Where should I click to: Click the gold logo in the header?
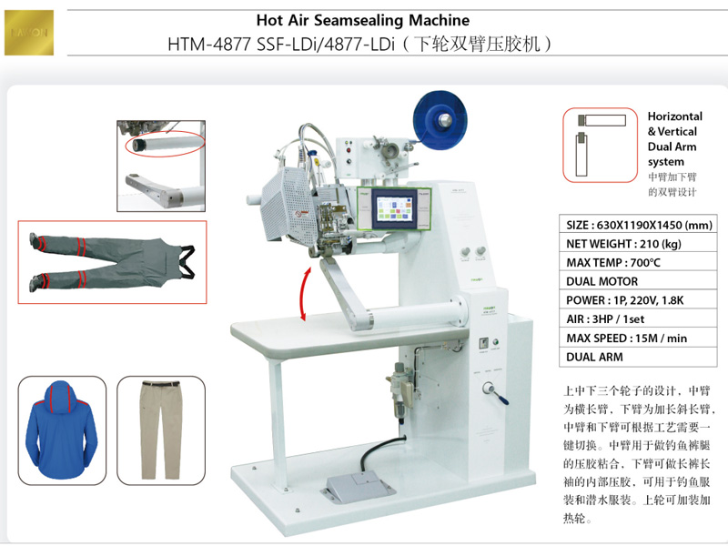[x=30, y=29]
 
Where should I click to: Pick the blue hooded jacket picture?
[x=62, y=430]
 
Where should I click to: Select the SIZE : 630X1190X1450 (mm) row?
[x=640, y=225]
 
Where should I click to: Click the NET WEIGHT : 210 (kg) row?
[x=640, y=244]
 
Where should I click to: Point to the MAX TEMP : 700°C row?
[x=640, y=263]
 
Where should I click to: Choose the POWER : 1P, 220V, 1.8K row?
[x=640, y=300]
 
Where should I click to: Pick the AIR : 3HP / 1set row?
[x=640, y=319]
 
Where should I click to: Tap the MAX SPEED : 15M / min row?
[x=640, y=339]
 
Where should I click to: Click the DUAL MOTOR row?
[x=640, y=281]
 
